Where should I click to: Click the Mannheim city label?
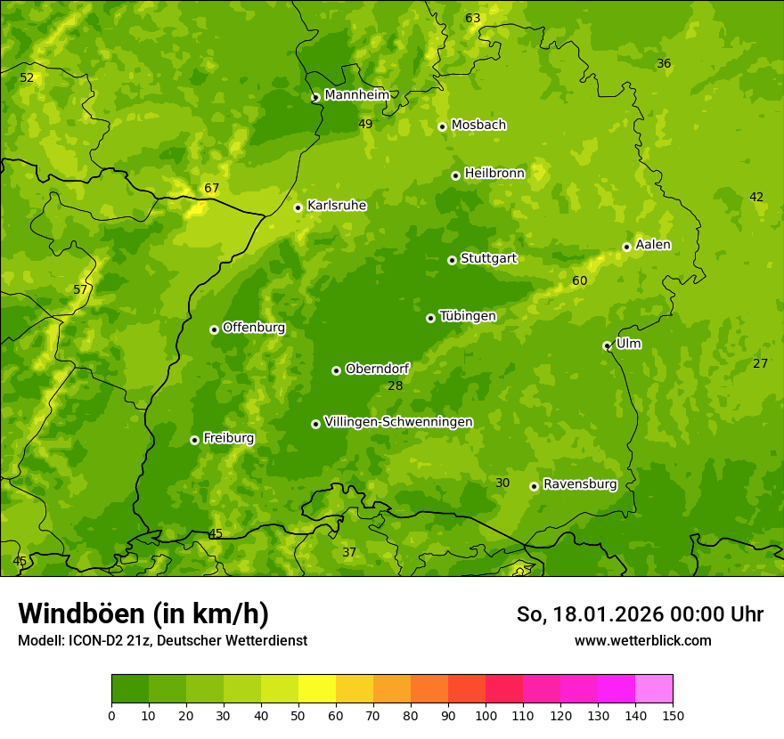pos(356,95)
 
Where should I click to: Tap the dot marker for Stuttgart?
pos(452,260)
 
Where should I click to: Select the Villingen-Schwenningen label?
pos(398,422)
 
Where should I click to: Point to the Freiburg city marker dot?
pos(194,440)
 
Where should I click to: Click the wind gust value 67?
pos(211,188)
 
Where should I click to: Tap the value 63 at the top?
pos(473,19)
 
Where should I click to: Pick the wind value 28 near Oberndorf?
pos(396,386)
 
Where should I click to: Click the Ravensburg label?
pos(580,484)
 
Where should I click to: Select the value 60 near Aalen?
pos(580,280)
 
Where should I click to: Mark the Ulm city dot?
pos(607,345)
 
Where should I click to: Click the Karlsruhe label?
pos(337,206)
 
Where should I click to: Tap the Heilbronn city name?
pos(494,174)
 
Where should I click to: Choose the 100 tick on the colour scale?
pos(486,715)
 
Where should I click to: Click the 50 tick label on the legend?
pos(298,715)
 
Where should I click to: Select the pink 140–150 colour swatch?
pos(654,688)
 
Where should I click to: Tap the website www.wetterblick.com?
pos(642,640)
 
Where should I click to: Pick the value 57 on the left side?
pos(81,289)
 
